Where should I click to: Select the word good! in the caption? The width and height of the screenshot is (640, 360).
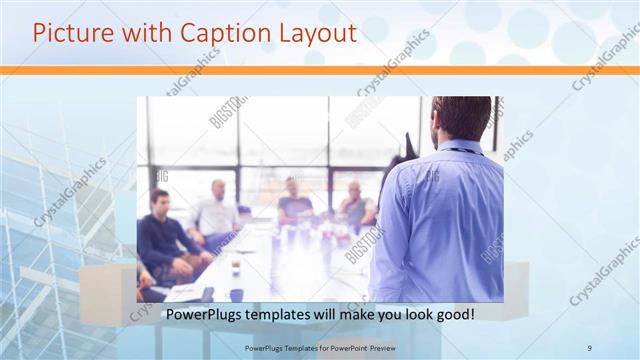click(x=454, y=315)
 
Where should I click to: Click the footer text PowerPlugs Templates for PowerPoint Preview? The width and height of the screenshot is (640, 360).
click(x=319, y=348)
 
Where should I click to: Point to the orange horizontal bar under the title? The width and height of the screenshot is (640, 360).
click(x=320, y=70)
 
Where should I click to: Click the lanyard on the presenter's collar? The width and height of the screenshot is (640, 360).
click(x=461, y=151)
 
